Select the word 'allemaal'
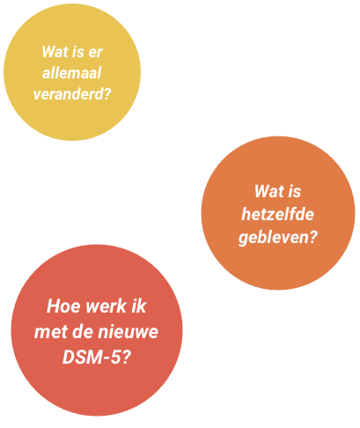point(72,73)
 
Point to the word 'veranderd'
point(68,94)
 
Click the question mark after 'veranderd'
point(107,94)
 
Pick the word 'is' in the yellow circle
point(78,52)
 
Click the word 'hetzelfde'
point(277,214)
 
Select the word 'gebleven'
point(273,237)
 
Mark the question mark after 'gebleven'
point(312,236)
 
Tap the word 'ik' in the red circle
point(139,306)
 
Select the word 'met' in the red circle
point(51,332)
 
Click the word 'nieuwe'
point(128,332)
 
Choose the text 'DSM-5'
point(92,358)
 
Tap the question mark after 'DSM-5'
point(126,358)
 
